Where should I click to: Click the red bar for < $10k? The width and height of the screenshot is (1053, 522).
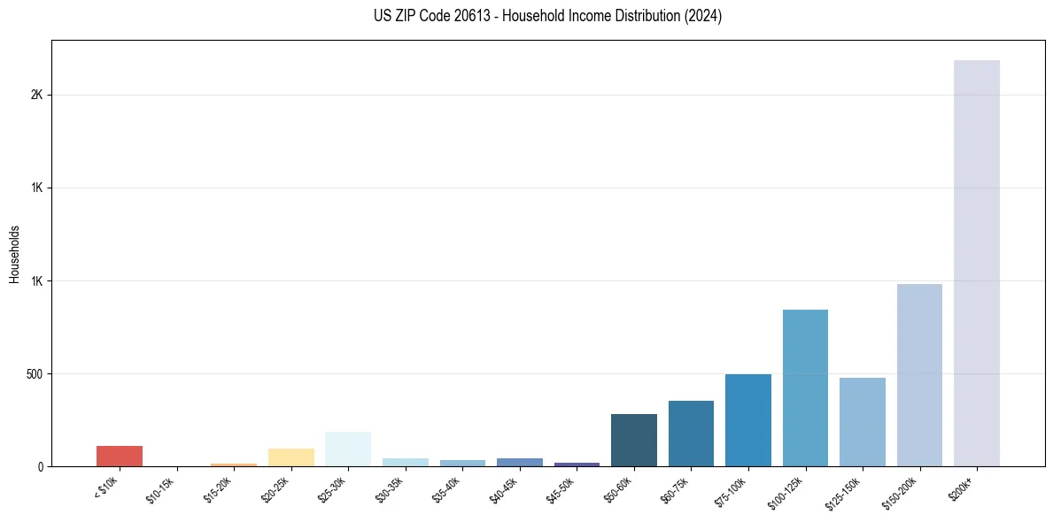[x=120, y=456]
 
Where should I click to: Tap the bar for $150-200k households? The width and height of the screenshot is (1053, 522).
[x=919, y=375]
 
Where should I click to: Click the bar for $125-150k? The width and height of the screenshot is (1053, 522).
[x=862, y=422]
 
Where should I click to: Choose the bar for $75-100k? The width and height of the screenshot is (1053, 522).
[x=748, y=420]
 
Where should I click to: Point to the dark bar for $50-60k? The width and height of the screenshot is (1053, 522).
[x=634, y=440]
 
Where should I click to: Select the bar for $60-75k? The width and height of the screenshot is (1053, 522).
[x=691, y=434]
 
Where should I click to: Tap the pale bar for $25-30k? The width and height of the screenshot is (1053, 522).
[x=348, y=449]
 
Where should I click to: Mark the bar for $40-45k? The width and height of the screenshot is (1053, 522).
[x=520, y=462]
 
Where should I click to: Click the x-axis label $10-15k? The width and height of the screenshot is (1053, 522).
[x=160, y=488]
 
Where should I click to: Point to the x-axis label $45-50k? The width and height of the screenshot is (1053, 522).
[x=560, y=488]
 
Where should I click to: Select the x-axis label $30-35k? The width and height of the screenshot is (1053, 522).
[x=389, y=488]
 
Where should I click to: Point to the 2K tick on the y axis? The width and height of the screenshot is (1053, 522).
[x=36, y=95]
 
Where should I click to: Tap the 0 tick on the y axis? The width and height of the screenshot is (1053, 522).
[x=40, y=466]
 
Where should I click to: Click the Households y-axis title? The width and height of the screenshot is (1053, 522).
[x=14, y=254]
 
